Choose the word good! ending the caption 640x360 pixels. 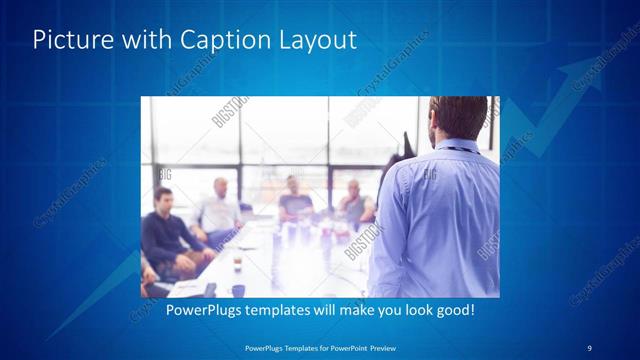pyautogui.click(x=453, y=311)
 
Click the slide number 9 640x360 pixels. pyautogui.click(x=589, y=347)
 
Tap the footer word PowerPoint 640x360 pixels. pyautogui.click(x=345, y=347)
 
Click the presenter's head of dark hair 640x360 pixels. pyautogui.click(x=457, y=113)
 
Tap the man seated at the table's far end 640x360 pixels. pyautogui.click(x=293, y=199)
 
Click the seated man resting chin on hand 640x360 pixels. pyautogui.click(x=353, y=204)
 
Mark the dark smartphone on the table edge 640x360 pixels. pyautogui.click(x=209, y=289)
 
